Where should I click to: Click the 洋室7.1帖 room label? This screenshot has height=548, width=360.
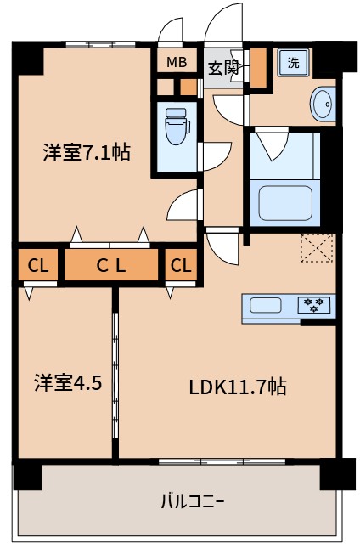click(87, 153)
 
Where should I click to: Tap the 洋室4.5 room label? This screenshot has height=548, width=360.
click(68, 382)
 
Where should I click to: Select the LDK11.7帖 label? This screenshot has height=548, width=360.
click(237, 387)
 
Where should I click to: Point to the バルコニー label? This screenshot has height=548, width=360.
click(192, 500)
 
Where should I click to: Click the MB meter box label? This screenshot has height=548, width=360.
click(176, 61)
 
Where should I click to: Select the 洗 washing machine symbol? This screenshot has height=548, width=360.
click(293, 62)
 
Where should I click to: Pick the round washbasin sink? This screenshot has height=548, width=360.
click(323, 104)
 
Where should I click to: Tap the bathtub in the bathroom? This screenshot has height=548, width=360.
click(283, 202)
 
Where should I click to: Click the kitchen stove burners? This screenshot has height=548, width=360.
click(314, 305)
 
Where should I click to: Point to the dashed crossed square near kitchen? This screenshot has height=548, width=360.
click(317, 247)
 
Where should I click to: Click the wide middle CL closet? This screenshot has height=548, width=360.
click(110, 266)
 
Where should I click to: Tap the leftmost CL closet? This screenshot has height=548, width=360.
click(37, 266)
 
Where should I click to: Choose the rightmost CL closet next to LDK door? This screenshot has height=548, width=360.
click(181, 266)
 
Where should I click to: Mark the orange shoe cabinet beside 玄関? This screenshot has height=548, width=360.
click(258, 68)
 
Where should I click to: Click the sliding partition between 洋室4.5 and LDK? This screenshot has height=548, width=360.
click(115, 374)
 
